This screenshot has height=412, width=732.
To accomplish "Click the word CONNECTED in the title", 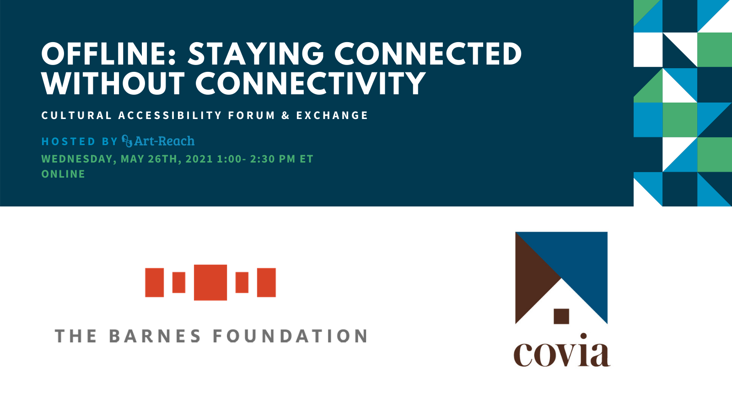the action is point(428,54).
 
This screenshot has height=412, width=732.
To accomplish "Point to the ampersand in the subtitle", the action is point(286,115).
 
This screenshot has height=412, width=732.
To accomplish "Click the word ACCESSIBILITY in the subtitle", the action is point(170,115).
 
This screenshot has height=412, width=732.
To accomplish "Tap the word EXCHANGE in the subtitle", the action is point(332,115).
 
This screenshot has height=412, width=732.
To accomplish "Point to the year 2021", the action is point(199,159).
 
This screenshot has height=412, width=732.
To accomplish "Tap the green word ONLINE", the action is point(63,174).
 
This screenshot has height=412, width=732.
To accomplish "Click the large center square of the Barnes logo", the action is point(210,282).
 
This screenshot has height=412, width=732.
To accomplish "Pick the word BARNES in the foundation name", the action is point(155,336).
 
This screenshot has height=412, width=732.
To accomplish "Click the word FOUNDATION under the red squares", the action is point(291,336).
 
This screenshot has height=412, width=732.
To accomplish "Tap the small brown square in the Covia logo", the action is point(561,316).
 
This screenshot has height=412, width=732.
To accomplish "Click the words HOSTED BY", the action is point(80,141).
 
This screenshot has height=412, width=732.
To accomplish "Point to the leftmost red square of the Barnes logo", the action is point(154,282).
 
